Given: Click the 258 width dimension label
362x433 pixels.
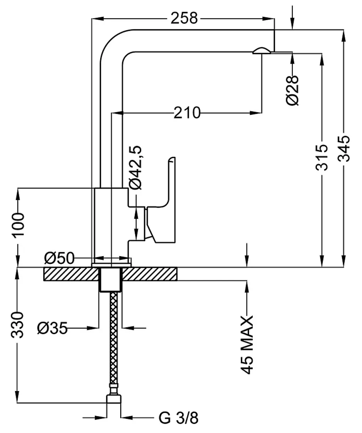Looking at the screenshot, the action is [184, 18].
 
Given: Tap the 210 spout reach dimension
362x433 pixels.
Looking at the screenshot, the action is [187, 112].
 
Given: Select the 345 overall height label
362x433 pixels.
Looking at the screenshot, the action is [344, 148].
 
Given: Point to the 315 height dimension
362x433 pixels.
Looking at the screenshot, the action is [322, 157].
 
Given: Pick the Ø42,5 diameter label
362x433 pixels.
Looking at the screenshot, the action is [135, 167].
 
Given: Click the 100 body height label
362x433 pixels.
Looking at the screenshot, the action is [18, 224].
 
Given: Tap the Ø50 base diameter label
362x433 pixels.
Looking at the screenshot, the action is [59, 258].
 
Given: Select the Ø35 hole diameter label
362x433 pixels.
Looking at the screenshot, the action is [52, 328].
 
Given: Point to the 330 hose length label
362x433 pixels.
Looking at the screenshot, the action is [17, 325].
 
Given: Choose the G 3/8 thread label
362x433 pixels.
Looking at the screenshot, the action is [178, 418].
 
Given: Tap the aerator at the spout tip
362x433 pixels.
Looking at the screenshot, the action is [261, 51].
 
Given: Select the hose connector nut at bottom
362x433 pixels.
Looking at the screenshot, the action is [114, 403].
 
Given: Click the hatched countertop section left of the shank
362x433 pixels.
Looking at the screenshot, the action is [71, 274].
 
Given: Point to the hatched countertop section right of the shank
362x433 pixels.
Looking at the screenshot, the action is [149, 274].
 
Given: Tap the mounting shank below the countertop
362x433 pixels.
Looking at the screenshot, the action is [111, 279].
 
